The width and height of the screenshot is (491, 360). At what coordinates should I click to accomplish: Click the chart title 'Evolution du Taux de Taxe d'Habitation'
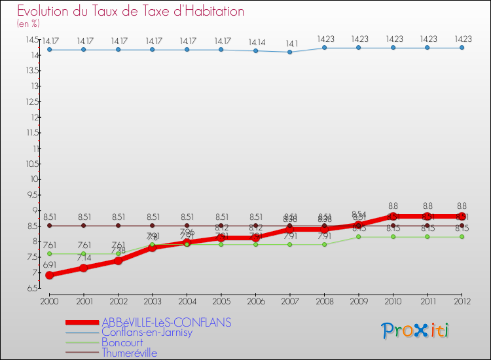[131, 12]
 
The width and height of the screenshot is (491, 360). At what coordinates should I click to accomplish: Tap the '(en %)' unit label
[28, 24]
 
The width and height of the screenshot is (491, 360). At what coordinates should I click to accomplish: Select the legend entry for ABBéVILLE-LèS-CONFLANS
[166, 323]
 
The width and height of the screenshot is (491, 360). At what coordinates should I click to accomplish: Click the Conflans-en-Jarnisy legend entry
[147, 333]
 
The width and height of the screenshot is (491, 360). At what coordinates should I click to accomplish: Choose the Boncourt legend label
[122, 342]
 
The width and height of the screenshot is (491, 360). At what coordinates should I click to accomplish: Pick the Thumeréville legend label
[130, 353]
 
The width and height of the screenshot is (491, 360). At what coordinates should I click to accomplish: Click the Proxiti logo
[416, 331]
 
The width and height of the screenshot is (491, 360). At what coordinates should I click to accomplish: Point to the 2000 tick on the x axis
[49, 300]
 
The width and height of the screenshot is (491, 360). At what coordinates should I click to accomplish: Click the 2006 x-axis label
[255, 300]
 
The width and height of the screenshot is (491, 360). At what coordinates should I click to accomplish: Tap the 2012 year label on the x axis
[462, 300]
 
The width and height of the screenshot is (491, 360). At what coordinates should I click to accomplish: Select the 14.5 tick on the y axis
[32, 39]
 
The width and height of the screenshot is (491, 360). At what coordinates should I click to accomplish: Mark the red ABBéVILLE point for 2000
[49, 276]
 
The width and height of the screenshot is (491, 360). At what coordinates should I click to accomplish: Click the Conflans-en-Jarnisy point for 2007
[290, 52]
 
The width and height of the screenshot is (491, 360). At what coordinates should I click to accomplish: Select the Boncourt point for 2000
[49, 254]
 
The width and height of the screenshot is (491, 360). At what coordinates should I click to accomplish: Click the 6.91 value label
[50, 264]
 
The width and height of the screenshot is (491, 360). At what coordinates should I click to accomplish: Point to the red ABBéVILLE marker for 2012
[462, 217]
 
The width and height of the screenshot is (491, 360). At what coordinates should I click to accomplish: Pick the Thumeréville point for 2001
[84, 226]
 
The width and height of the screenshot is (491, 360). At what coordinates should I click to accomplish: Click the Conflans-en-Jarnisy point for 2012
[462, 48]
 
